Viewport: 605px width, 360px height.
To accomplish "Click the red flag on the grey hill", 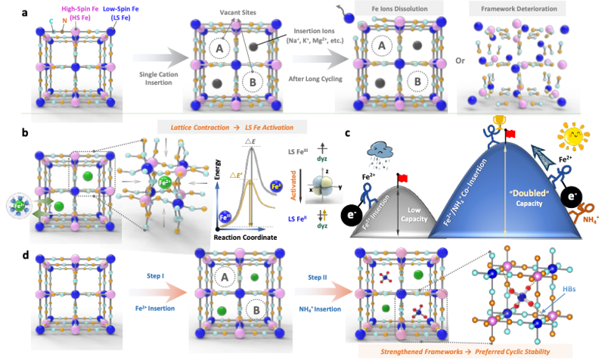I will tap(403, 178).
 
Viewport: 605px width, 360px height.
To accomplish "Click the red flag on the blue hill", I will tap(512, 134).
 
